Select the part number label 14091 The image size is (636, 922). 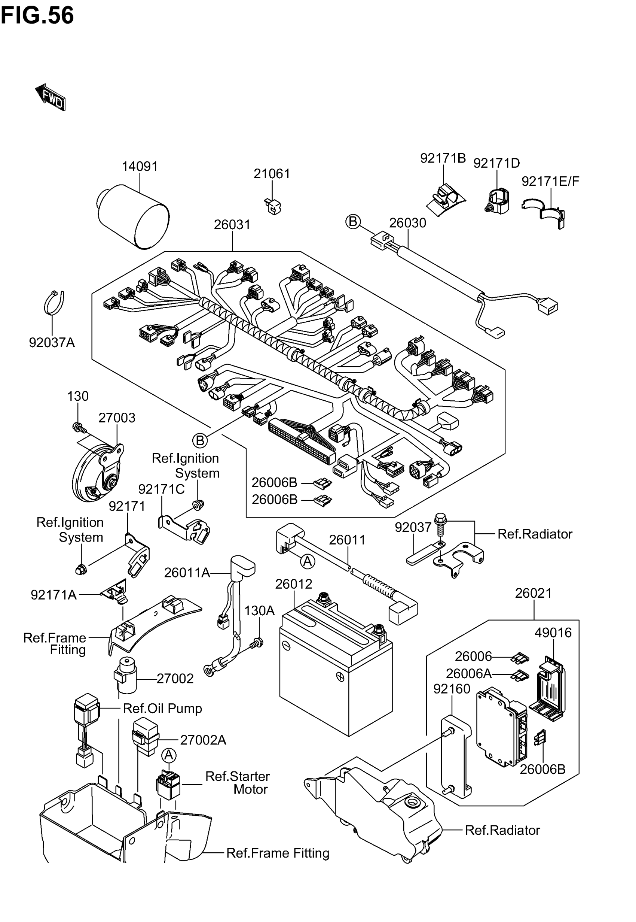coord(140,166)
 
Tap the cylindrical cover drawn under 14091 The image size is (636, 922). coord(134,216)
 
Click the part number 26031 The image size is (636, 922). coord(232,225)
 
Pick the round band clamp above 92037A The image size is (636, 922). coord(54,303)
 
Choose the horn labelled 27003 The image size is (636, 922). coord(98,473)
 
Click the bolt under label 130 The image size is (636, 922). coord(79,428)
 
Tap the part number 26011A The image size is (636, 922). coord(187,573)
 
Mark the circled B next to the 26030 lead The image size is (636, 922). coord(353,221)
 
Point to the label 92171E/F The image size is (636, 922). coord(550,182)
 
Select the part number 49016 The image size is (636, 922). coord(553,633)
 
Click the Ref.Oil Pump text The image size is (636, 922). coord(162,708)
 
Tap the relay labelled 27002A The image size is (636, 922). coord(146,737)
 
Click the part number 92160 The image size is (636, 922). coord(452,689)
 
